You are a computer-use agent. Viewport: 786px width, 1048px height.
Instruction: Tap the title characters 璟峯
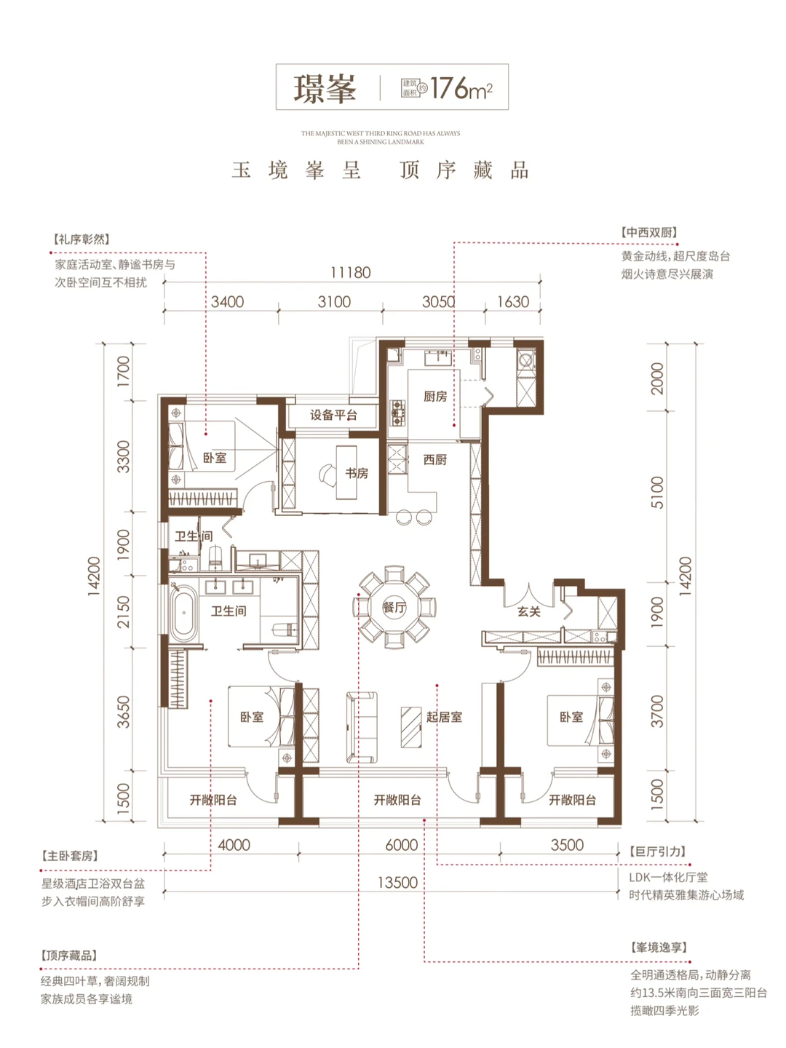(325, 88)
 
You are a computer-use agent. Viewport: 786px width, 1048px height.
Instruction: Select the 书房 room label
(357, 473)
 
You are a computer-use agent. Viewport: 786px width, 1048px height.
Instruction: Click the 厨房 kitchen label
(435, 396)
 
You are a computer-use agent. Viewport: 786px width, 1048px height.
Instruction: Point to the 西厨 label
(435, 459)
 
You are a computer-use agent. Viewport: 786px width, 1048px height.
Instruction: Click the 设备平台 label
(333, 415)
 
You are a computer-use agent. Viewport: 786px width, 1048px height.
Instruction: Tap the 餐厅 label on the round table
(394, 607)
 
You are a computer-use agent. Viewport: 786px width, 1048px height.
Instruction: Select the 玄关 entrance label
(529, 611)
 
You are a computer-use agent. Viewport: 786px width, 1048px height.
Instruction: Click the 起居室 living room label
(444, 717)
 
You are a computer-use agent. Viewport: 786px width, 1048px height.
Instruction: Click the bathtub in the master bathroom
(184, 612)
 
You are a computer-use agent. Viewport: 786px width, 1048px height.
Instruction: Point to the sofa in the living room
(362, 727)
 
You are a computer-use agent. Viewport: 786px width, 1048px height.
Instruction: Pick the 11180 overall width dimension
(350, 272)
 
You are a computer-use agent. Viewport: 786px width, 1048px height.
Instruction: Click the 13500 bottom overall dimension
(397, 882)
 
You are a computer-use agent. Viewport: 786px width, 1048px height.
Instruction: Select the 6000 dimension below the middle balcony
(401, 845)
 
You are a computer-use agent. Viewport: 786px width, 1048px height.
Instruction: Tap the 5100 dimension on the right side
(657, 492)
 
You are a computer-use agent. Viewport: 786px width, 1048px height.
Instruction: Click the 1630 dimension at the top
(512, 301)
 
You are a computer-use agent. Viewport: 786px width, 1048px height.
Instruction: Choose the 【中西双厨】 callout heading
(649, 232)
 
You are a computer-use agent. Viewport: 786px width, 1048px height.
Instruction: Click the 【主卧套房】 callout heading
(70, 856)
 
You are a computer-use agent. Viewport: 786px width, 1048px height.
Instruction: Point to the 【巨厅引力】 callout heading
(657, 851)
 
